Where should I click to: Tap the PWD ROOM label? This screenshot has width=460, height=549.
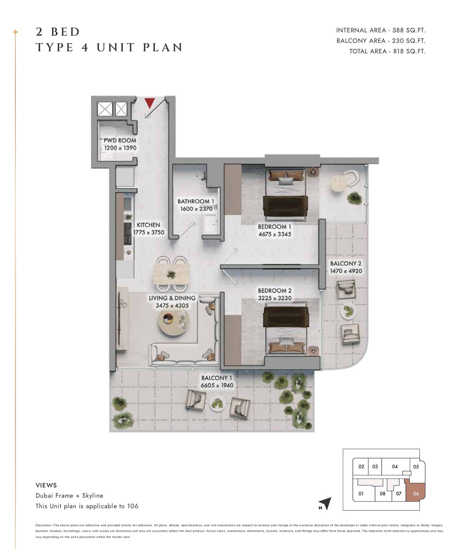pyautogui.click(x=120, y=140)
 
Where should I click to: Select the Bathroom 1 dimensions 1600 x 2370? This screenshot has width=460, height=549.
pyautogui.click(x=196, y=209)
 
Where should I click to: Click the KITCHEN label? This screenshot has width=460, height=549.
pyautogui.click(x=148, y=225)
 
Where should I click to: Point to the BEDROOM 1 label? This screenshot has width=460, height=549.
pyautogui.click(x=274, y=227)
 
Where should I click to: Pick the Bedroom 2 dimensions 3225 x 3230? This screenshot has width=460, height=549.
pyautogui.click(x=275, y=298)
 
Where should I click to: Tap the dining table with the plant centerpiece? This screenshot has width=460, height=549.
pyautogui.click(x=171, y=274)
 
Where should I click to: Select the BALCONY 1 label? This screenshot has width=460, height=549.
pyautogui.click(x=217, y=378)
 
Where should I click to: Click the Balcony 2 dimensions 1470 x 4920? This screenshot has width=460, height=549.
pyautogui.click(x=346, y=271)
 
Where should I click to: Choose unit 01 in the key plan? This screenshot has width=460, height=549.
pyautogui.click(x=361, y=493)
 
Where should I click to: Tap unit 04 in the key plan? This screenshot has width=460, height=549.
pyautogui.click(x=395, y=466)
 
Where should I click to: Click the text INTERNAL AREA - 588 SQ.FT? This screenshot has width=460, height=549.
pyautogui.click(x=380, y=30)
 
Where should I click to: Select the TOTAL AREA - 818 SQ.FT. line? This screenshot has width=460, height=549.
pyautogui.click(x=387, y=51)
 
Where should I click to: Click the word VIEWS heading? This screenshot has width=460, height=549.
pyautogui.click(x=46, y=485)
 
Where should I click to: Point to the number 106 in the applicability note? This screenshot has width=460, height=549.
pyautogui.click(x=133, y=506)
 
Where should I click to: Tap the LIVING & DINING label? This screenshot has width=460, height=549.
pyautogui.click(x=172, y=298)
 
